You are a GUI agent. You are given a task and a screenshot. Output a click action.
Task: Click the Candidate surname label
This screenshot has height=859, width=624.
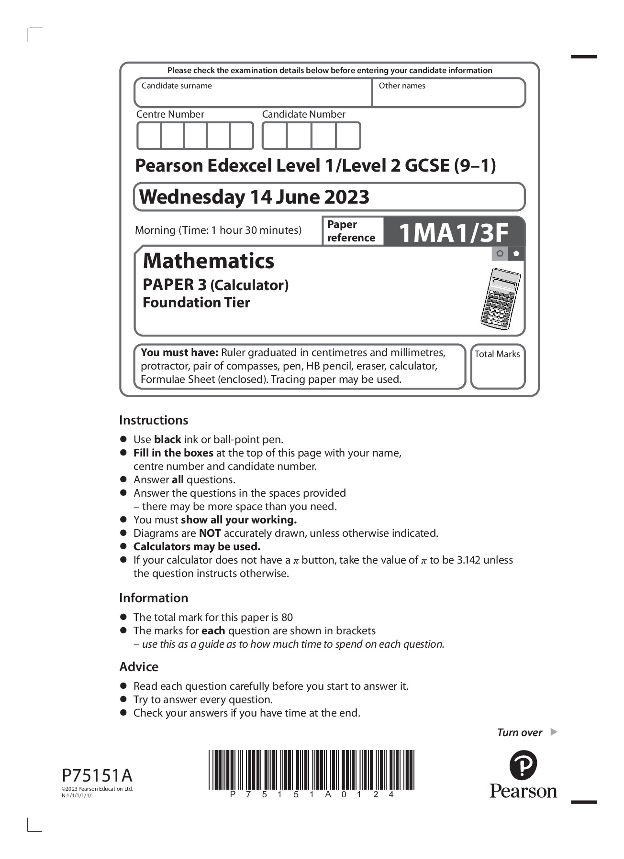click(177, 86)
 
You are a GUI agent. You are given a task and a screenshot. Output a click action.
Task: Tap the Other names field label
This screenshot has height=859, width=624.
click(402, 86)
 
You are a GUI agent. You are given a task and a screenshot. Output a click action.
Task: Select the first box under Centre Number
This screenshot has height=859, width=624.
click(149, 136)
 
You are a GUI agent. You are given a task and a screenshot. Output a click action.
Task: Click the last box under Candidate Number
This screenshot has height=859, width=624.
click(348, 136)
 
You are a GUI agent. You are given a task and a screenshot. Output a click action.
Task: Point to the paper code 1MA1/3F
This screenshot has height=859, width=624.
click(453, 233)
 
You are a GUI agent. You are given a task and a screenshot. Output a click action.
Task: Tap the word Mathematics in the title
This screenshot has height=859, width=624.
click(209, 261)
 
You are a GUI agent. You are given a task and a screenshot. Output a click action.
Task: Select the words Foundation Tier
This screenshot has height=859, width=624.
click(196, 303)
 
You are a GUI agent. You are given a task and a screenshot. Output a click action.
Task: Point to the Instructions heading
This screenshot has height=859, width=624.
click(154, 420)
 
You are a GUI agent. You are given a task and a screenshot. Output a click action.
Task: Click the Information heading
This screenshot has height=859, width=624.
click(154, 598)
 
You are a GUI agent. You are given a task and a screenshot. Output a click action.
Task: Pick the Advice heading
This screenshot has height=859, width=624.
click(139, 667)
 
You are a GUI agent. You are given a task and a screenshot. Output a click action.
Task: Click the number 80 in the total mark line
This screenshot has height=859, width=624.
click(287, 618)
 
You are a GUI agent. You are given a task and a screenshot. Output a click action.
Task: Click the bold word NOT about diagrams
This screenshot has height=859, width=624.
click(210, 533)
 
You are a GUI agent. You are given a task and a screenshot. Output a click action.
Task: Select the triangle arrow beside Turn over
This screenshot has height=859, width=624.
click(554, 732)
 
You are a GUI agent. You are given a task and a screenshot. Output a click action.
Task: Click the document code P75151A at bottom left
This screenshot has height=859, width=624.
click(97, 775)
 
